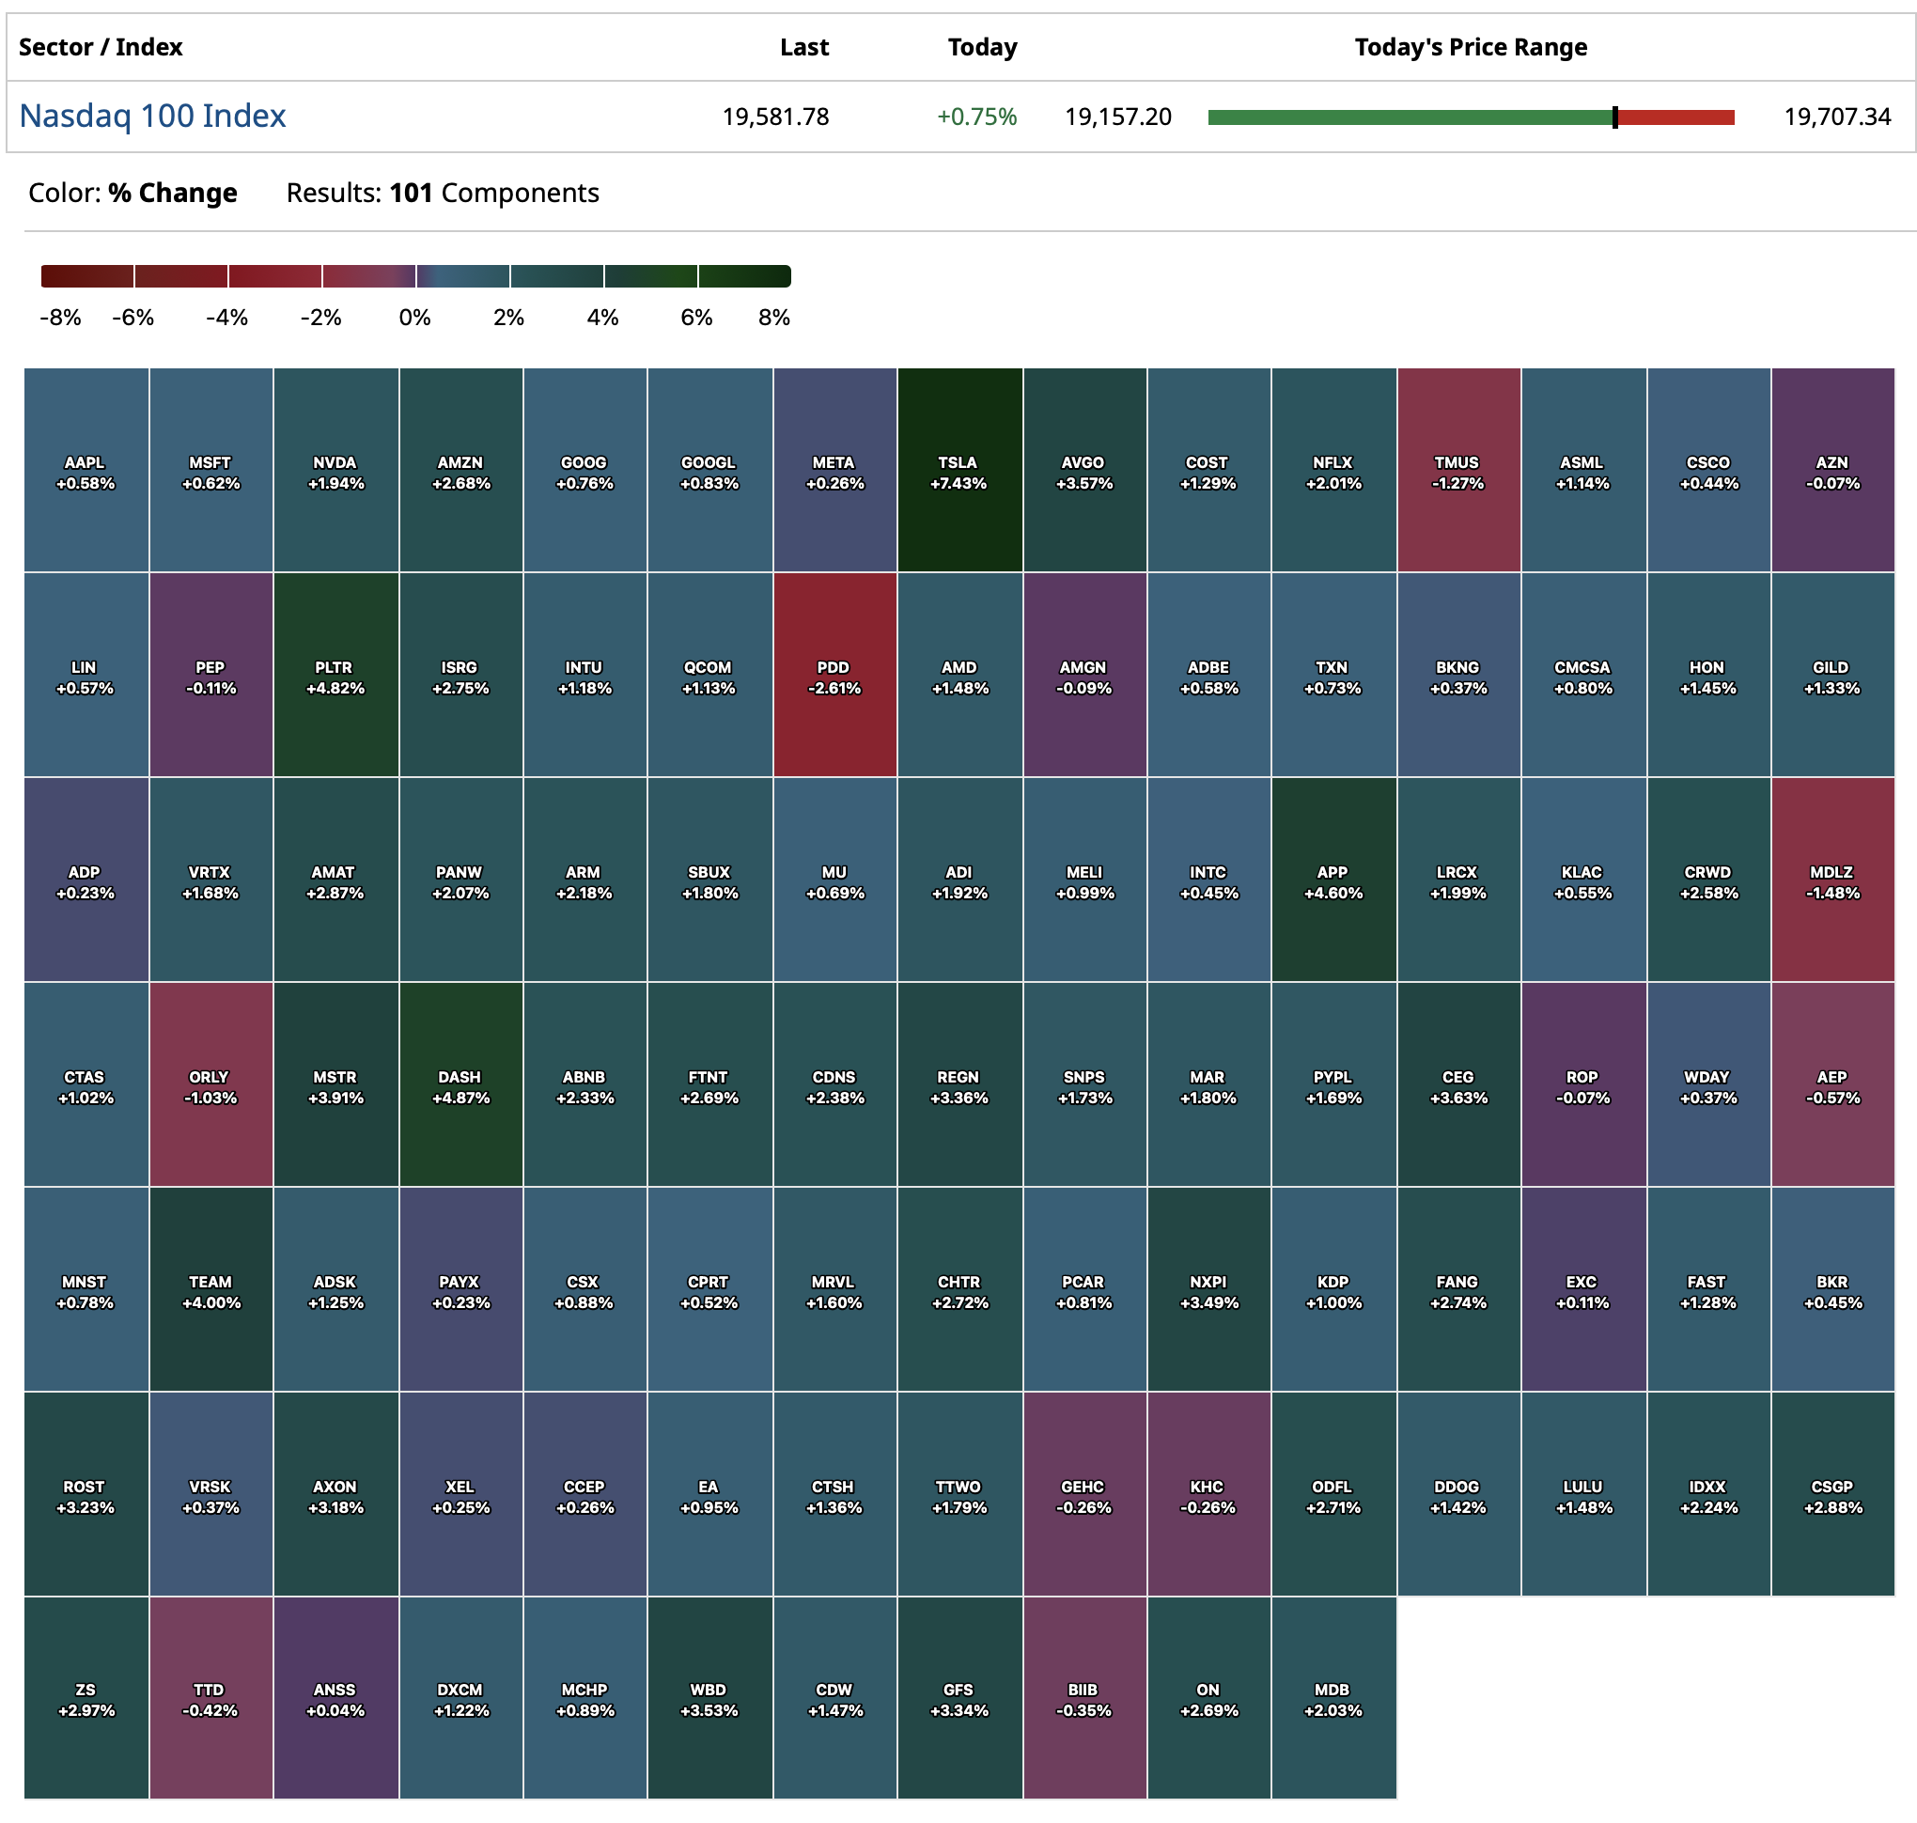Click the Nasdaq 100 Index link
(x=152, y=116)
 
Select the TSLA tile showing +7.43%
(x=958, y=472)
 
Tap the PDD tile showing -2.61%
(x=834, y=677)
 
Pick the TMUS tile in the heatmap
(x=1457, y=472)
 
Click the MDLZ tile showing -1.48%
(x=1831, y=881)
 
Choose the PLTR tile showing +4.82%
(x=335, y=677)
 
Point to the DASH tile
(x=460, y=1086)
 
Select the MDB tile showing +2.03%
(x=1333, y=1699)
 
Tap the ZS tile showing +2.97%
(x=86, y=1699)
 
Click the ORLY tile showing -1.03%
(x=210, y=1086)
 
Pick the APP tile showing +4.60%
(x=1333, y=881)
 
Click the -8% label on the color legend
(x=60, y=318)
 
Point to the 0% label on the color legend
(x=415, y=318)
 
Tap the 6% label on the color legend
(x=696, y=318)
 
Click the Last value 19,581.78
(x=775, y=117)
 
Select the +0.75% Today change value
(x=976, y=117)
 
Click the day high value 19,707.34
(x=1836, y=117)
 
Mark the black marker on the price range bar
(x=1614, y=117)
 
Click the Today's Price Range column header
(x=1470, y=47)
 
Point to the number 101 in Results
(x=410, y=193)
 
